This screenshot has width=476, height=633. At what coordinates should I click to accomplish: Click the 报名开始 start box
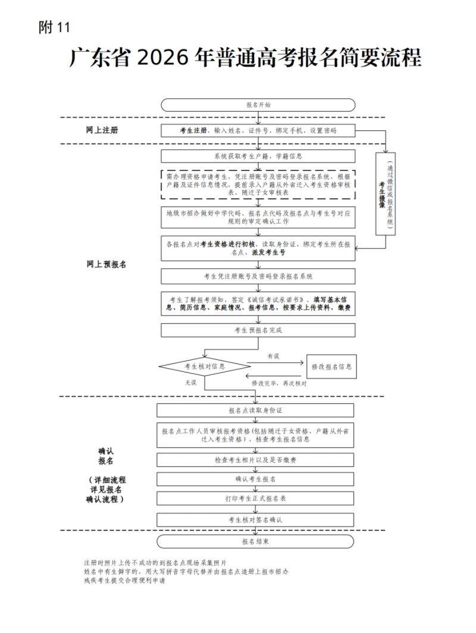tap(258, 105)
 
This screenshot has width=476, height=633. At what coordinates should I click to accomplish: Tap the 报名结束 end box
tap(256, 541)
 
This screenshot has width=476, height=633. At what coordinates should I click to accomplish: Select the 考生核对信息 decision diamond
tap(205, 366)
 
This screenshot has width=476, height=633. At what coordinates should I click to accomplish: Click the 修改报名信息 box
tap(331, 367)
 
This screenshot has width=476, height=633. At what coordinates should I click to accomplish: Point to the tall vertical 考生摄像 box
tap(386, 193)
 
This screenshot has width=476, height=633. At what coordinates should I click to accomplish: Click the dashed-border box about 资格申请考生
tap(258, 185)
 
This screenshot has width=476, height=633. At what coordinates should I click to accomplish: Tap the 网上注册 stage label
tap(102, 130)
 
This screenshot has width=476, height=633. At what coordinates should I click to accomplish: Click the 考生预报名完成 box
tap(258, 330)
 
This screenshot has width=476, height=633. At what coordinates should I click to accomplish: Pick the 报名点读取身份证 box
tap(256, 410)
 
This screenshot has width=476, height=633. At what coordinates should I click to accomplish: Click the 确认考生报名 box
tap(256, 479)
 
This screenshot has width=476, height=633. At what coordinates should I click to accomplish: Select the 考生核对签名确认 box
tap(256, 519)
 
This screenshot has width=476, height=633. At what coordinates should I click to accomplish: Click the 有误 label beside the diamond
tap(273, 356)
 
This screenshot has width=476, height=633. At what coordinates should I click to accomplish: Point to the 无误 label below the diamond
tap(190, 383)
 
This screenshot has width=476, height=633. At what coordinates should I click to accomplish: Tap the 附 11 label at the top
tap(54, 27)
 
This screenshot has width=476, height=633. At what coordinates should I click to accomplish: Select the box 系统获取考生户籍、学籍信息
tap(258, 156)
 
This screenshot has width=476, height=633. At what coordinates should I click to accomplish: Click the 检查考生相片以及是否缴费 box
tap(256, 460)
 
